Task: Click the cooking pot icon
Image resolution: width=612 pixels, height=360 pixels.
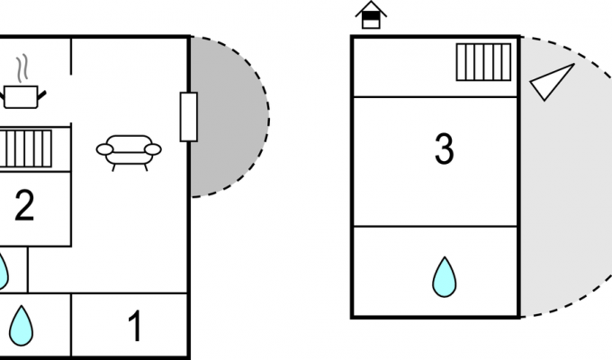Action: pyautogui.click(x=23, y=95)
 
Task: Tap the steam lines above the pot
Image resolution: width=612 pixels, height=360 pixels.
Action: pyautogui.click(x=24, y=68)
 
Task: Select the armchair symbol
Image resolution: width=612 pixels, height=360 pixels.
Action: pyautogui.click(x=128, y=150)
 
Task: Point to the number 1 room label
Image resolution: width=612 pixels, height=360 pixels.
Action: pyautogui.click(x=135, y=327)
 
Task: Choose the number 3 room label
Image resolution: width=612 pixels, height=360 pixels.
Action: pyautogui.click(x=444, y=150)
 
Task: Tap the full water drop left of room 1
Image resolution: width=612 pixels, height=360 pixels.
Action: pyautogui.click(x=21, y=325)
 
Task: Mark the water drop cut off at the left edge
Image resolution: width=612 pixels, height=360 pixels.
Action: pyautogui.click(x=3, y=271)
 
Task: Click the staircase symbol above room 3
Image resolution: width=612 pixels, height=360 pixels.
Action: pyautogui.click(x=483, y=62)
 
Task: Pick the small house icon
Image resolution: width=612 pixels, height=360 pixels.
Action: pyautogui.click(x=370, y=15)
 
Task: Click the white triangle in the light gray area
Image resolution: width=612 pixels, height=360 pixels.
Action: pyautogui.click(x=551, y=82)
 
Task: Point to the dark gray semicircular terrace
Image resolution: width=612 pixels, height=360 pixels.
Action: pyautogui.click(x=232, y=117)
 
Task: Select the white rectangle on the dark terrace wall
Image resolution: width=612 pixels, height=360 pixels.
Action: pyautogui.click(x=188, y=117)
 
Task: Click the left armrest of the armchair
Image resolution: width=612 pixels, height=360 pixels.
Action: pyautogui.click(x=103, y=149)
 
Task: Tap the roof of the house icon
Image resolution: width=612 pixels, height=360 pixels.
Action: pyautogui.click(x=370, y=9)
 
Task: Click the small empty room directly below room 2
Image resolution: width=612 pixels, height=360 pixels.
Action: pyautogui.click(x=49, y=269)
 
